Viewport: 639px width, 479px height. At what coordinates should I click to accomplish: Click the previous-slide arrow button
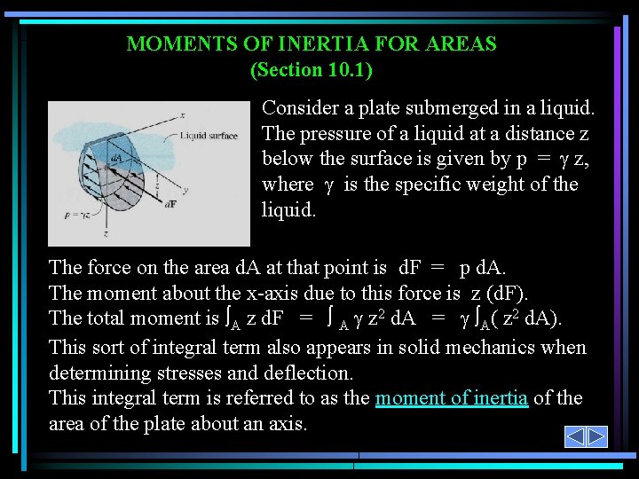575,436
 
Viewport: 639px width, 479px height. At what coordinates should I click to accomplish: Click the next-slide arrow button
597,436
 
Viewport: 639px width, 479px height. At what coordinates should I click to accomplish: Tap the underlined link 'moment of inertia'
452,398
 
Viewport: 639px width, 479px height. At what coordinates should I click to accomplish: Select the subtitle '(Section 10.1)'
312,68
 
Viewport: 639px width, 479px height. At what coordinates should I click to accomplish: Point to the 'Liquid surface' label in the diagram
209,136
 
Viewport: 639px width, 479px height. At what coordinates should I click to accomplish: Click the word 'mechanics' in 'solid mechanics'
475,347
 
